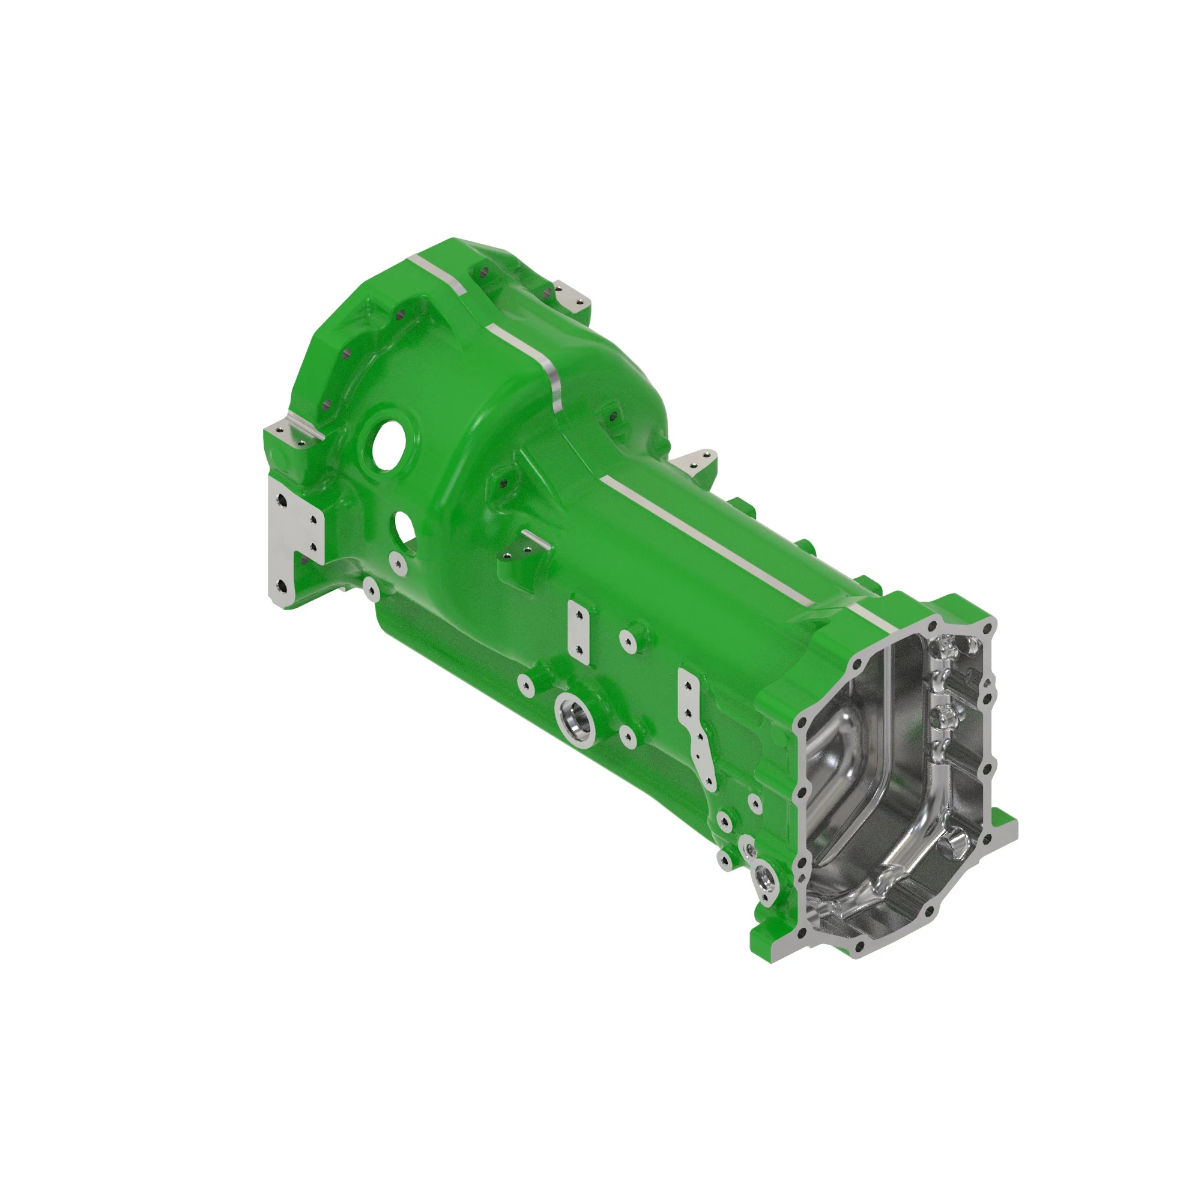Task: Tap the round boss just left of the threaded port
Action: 527,685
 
